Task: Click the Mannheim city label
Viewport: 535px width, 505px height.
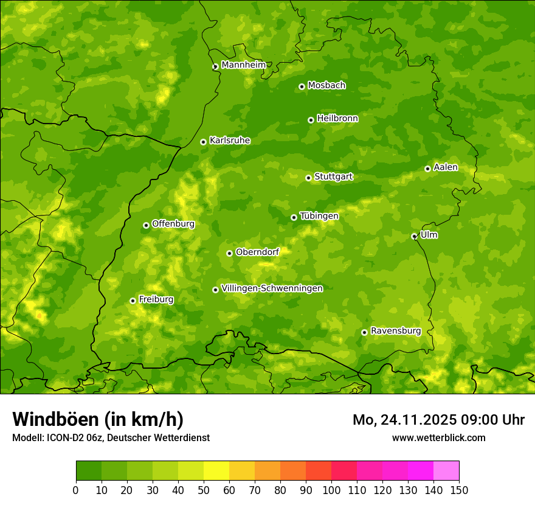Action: tap(243, 65)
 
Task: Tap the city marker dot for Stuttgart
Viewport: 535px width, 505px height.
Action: tap(308, 178)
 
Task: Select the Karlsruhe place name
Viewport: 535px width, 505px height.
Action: tap(229, 141)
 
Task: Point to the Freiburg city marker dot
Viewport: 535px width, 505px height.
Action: tap(133, 301)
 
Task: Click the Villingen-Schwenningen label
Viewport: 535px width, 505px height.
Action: tap(272, 288)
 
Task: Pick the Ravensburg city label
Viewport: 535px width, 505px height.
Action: tap(395, 331)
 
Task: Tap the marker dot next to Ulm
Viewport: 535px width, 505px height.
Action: tap(414, 236)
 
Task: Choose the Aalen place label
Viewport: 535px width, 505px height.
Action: tap(446, 167)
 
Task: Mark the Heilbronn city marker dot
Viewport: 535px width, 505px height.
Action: tap(311, 120)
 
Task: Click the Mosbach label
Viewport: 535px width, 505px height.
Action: tap(326, 86)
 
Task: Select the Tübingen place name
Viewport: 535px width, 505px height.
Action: tap(319, 216)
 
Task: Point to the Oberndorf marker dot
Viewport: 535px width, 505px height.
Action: tap(229, 253)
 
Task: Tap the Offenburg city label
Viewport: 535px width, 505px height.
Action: tap(173, 224)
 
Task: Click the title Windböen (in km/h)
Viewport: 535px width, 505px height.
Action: tap(98, 419)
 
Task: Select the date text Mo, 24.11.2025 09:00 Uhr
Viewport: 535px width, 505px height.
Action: tap(438, 420)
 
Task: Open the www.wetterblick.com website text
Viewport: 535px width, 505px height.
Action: tap(438, 437)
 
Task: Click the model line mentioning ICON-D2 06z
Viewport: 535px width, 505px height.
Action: tap(111, 437)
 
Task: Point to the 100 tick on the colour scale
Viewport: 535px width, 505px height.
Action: tap(331, 490)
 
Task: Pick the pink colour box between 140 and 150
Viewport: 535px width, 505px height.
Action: tap(446, 471)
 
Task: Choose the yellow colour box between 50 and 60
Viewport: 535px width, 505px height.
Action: tap(216, 471)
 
